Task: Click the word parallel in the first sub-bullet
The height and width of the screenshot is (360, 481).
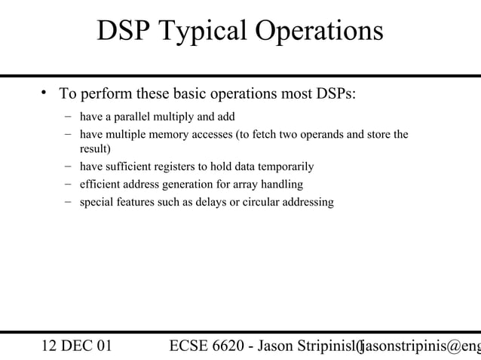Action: click(x=136, y=117)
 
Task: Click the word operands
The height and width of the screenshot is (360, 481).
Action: click(x=314, y=135)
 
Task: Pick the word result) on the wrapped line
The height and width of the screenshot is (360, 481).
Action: click(x=96, y=148)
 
